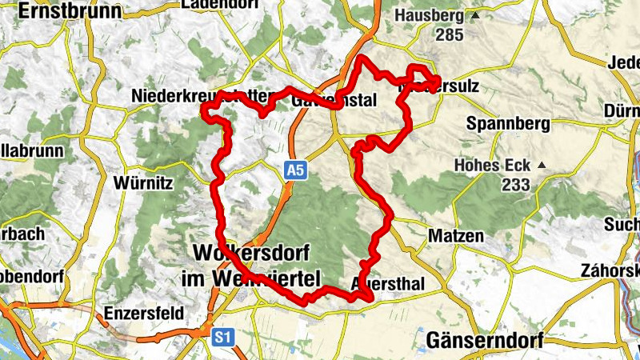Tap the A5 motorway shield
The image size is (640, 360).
296,170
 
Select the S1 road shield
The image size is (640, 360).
223,338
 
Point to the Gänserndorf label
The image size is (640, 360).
485,340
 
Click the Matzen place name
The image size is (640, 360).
456,236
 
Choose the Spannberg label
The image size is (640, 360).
509,124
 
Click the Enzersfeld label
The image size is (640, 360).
145,313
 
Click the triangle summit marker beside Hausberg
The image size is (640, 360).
476,15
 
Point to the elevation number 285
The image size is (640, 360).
450,34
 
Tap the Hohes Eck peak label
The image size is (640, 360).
492,166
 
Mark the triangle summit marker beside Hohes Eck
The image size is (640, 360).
542,166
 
